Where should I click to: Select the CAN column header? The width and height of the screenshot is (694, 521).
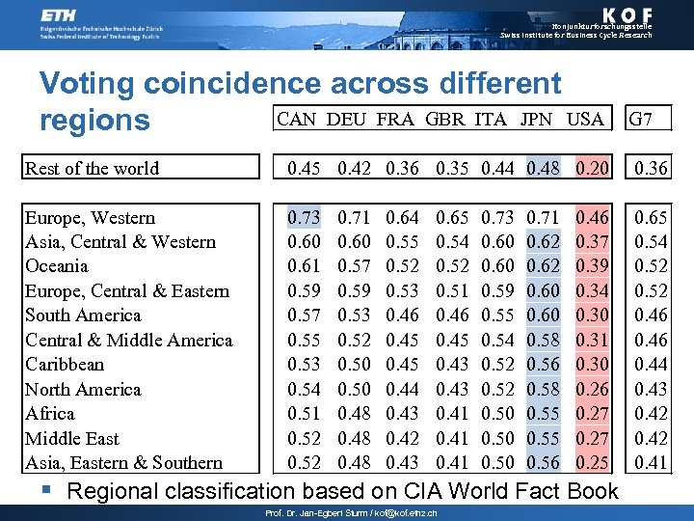tap(297, 119)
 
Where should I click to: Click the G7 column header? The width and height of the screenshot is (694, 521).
tap(641, 119)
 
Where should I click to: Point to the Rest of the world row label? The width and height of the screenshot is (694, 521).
tap(93, 168)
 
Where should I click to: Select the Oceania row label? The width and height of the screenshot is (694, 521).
tap(57, 266)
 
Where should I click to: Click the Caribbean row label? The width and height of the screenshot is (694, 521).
tap(65, 365)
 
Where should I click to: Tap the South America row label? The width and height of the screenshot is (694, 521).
tap(83, 315)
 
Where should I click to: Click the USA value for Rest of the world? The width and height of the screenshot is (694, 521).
tap(592, 168)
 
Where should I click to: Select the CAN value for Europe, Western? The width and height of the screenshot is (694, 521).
tap(305, 217)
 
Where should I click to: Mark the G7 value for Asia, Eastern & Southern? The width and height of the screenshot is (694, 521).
tap(652, 462)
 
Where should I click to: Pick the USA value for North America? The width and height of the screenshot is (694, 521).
tap(592, 389)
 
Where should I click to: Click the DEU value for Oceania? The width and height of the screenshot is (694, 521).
tap(354, 266)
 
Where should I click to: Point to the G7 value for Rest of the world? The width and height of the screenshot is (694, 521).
tap(652, 168)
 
